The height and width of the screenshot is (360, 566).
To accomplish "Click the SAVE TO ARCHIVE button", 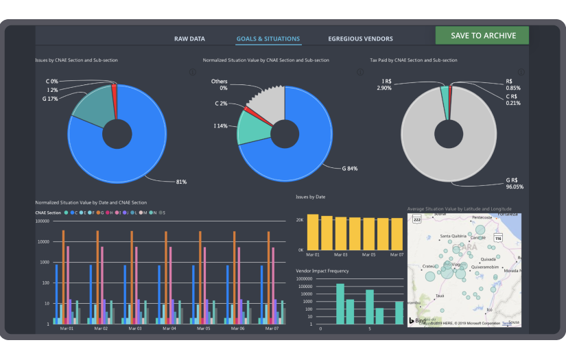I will [x=482, y=36].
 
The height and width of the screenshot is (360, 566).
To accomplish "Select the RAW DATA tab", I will [x=189, y=39].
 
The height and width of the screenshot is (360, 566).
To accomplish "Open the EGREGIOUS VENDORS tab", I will [x=360, y=39].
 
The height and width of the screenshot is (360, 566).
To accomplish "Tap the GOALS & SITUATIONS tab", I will [x=268, y=39].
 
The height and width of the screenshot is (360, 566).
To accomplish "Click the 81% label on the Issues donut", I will [x=180, y=182].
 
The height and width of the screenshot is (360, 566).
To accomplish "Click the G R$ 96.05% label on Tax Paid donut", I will [x=515, y=182].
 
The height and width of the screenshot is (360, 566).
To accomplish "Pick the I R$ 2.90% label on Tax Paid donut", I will [x=384, y=85].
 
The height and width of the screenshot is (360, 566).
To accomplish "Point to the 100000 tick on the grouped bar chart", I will [x=43, y=221].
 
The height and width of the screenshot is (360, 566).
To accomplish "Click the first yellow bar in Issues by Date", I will [x=313, y=232].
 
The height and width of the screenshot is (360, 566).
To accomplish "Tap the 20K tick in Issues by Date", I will [x=300, y=220].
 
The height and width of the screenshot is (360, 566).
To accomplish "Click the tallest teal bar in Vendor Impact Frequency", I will [x=340, y=303].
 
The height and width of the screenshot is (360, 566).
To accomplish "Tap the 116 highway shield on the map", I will [x=498, y=237].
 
